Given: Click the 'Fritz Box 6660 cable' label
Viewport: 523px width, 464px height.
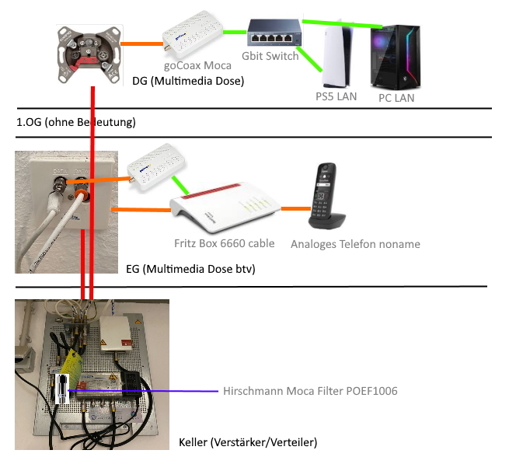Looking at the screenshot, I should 224,243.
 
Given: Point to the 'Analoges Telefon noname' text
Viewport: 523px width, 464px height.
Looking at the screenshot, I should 355,244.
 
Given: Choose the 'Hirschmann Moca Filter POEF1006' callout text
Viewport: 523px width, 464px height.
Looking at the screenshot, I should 310,391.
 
